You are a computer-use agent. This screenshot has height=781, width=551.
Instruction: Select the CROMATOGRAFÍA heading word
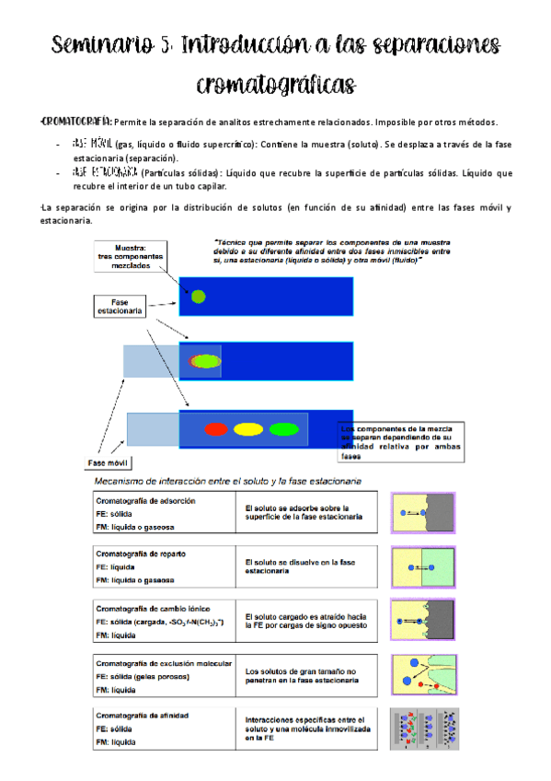point(77,122)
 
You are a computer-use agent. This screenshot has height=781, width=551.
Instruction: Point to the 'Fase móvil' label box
point(108,463)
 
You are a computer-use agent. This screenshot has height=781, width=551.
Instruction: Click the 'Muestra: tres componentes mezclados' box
point(130,255)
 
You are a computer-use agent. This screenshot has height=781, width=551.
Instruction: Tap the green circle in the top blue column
point(197,297)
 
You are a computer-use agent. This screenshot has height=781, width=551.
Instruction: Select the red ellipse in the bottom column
point(216,428)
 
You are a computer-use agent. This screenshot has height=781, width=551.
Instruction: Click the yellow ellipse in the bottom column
point(248,428)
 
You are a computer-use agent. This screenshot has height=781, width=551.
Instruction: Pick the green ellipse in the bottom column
point(283,428)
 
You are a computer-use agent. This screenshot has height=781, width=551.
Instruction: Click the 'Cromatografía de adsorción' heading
point(145,501)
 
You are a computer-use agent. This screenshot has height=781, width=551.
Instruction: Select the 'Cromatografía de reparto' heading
point(140,554)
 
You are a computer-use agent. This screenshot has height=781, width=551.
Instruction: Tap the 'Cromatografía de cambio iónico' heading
point(153,608)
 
